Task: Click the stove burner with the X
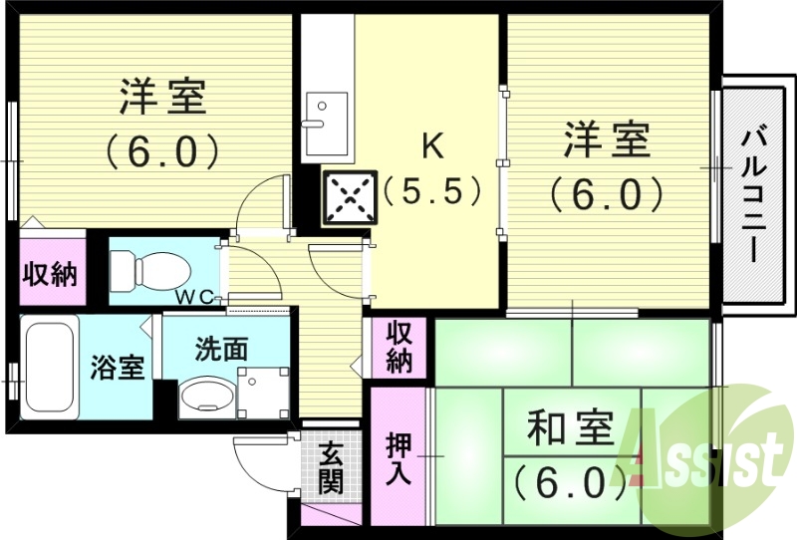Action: point(350,196)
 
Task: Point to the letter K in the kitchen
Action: point(431,146)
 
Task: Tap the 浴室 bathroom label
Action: point(118,367)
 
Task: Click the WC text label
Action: point(196,296)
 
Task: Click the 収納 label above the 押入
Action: point(400,346)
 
